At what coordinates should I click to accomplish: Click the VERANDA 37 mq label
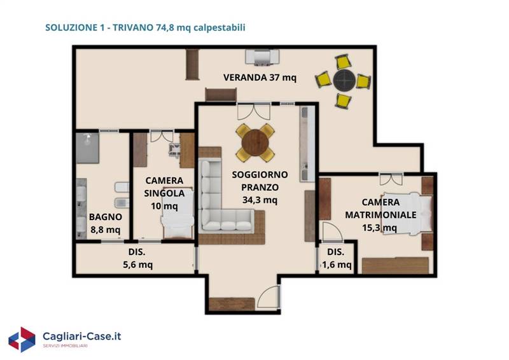pyautogui.click(x=260, y=78)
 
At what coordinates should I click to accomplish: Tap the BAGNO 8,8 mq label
pyautogui.click(x=106, y=223)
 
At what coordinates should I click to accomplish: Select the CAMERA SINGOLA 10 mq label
pyautogui.click(x=164, y=193)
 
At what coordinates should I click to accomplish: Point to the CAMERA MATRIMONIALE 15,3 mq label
pyautogui.click(x=380, y=214)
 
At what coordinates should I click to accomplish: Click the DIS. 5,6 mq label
pyautogui.click(x=137, y=258)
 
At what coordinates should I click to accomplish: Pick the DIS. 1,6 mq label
pyautogui.click(x=337, y=258)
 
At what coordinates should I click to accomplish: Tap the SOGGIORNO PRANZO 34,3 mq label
pyautogui.click(x=260, y=187)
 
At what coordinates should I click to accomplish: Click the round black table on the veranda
pyautogui.click(x=344, y=80)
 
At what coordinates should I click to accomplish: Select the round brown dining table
pyautogui.click(x=255, y=143)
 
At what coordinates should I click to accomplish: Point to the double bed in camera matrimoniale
pyautogui.click(x=408, y=213)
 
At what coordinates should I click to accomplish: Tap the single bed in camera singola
pyautogui.click(x=178, y=213)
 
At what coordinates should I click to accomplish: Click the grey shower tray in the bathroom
pyautogui.click(x=88, y=148)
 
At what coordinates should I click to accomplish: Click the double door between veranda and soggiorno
pyautogui.click(x=253, y=111)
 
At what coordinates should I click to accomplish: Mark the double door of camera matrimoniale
pyautogui.click(x=391, y=179)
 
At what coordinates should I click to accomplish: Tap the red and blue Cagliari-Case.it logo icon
pyautogui.click(x=22, y=340)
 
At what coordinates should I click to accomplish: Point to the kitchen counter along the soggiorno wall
pyautogui.click(x=307, y=144)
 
